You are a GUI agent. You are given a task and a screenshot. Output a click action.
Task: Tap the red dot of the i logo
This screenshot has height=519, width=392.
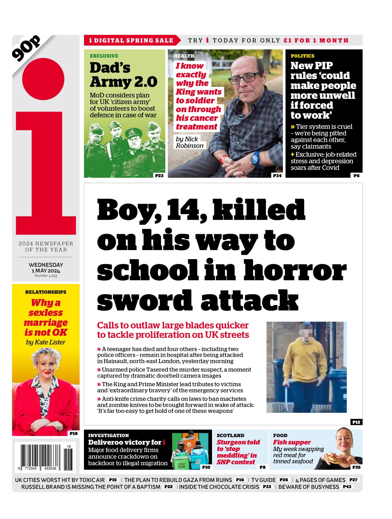[x=43, y=79]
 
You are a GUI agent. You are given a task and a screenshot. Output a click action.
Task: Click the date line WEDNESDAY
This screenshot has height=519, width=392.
[x=46, y=265]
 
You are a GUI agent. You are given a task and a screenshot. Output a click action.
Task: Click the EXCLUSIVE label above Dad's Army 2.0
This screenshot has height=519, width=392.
[x=104, y=56]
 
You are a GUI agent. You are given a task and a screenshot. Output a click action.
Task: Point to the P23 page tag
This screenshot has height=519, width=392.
[x=159, y=176]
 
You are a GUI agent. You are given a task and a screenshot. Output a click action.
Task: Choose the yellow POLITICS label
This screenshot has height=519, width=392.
[x=302, y=56]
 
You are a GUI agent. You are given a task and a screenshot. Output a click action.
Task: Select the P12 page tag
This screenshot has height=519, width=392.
[x=356, y=422]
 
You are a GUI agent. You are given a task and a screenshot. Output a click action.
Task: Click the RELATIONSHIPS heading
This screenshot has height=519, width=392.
[x=46, y=292]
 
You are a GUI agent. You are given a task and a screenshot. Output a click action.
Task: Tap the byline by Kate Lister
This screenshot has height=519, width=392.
[x=46, y=342]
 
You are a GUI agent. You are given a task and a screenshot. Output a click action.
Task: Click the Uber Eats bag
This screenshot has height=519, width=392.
[x=181, y=463]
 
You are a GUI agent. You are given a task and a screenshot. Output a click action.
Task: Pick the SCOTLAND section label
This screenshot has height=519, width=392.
[x=230, y=435]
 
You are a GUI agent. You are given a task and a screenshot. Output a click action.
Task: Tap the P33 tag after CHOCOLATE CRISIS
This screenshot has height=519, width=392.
[x=267, y=487]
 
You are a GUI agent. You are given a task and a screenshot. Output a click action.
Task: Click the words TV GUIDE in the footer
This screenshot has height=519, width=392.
[x=263, y=480]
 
